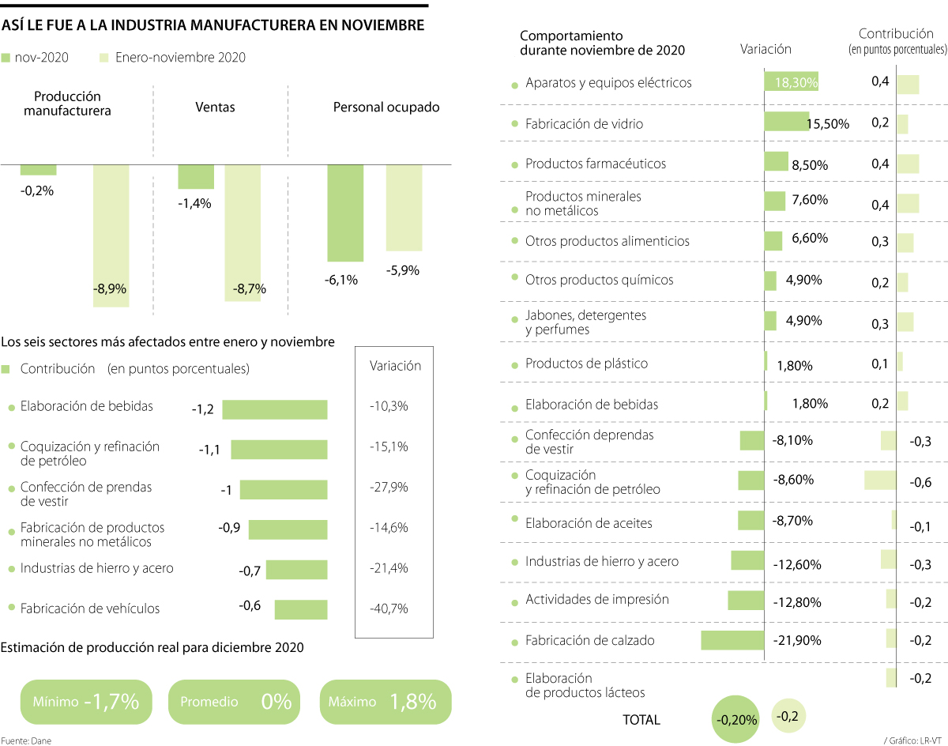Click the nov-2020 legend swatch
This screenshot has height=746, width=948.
point(6,58)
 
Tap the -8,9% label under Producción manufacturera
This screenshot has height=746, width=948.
point(111,289)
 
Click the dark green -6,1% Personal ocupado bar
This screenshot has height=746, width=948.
point(345,213)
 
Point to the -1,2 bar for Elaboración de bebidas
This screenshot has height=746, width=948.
point(274,409)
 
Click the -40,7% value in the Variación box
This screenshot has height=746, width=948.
point(389,608)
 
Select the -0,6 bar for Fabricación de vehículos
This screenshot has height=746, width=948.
point(300,609)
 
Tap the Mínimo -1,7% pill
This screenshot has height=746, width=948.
point(86,701)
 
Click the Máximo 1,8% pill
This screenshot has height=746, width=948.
point(386,701)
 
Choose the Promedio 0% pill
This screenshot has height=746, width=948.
point(235,701)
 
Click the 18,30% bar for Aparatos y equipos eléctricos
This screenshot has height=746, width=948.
point(791,81)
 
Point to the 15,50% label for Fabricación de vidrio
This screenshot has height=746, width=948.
point(828,124)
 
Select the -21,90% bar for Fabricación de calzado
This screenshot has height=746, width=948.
point(732,640)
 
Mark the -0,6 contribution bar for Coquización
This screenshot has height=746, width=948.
point(880,480)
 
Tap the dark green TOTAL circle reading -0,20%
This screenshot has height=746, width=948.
point(736,720)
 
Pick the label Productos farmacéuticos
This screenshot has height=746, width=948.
point(595,164)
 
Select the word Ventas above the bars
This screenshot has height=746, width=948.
point(215,107)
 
